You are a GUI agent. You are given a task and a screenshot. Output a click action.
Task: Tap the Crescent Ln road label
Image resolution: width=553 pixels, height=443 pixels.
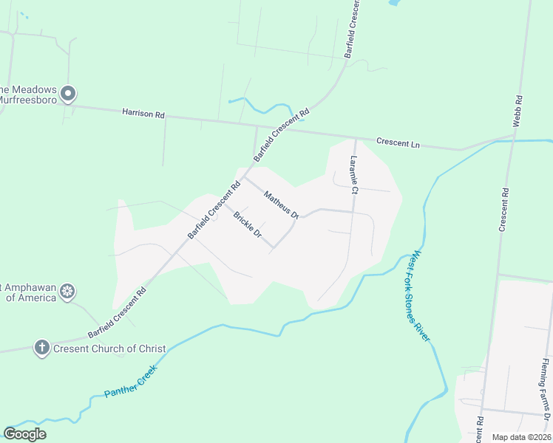pos(398,143)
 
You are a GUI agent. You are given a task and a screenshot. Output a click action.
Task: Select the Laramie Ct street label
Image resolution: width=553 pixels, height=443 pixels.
pos(354,175)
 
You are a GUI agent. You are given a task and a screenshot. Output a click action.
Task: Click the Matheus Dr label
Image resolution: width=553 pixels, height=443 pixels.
pos(281,205)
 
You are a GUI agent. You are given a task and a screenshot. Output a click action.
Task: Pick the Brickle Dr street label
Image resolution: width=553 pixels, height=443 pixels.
pos(248,225)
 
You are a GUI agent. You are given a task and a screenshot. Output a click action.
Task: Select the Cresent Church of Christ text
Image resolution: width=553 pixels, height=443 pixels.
pos(109,348)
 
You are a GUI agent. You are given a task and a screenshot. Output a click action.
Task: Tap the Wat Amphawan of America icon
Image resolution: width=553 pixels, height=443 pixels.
pos(67,291)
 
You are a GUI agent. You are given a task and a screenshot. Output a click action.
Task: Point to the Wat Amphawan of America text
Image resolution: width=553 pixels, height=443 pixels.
pos(30,292)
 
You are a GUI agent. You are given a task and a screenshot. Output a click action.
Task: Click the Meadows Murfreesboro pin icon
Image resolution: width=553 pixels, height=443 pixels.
pos(68,94)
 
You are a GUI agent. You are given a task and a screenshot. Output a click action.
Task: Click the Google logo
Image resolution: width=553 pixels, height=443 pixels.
pos(24,434)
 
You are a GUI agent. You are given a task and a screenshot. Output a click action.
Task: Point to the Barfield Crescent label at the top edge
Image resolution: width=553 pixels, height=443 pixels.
pos(352,30)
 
